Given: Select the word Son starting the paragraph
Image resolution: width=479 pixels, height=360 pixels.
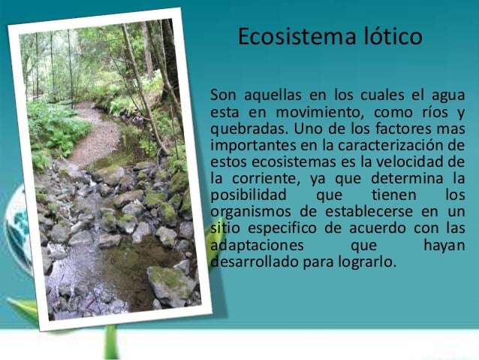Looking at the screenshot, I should tap(223, 95).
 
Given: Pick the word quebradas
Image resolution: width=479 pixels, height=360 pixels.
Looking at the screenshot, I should tap(243, 129).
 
